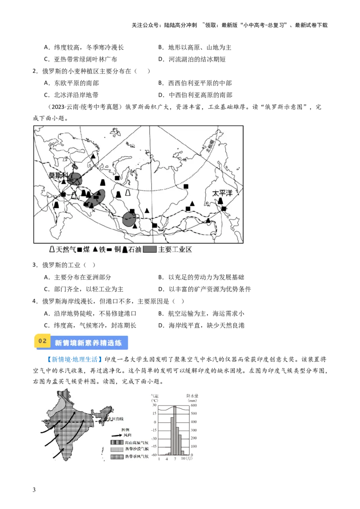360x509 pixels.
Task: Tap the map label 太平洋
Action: [x=223, y=193]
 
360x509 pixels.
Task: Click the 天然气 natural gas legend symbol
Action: [x=52, y=249]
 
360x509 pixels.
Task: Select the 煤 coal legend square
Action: [x=80, y=249]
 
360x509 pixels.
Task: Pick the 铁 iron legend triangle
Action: [x=95, y=249]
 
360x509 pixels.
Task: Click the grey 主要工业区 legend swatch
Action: [x=150, y=249]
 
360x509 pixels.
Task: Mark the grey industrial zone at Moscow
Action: [x=75, y=179]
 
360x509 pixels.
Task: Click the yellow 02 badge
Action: [x=42, y=341]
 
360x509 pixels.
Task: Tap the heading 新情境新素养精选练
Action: [x=88, y=343]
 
